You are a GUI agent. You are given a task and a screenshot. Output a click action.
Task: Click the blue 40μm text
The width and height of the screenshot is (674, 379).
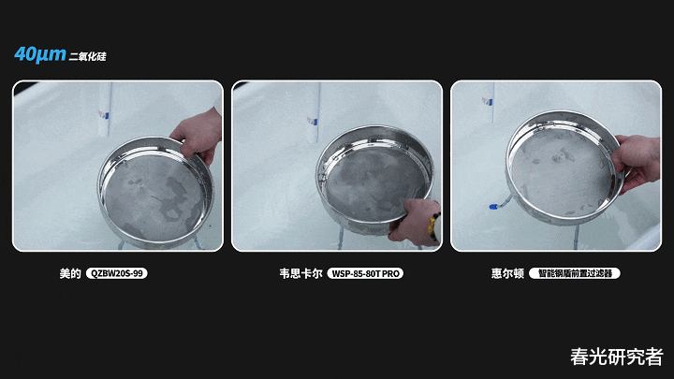point(40,54)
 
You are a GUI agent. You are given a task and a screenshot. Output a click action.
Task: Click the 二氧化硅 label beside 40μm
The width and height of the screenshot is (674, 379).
point(87,56)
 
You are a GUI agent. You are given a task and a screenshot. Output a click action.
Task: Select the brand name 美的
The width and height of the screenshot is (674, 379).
point(70,273)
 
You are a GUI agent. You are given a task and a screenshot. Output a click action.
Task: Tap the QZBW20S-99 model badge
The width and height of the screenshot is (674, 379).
point(117,273)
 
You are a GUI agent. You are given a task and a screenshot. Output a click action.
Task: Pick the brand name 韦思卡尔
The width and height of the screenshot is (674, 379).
point(300,273)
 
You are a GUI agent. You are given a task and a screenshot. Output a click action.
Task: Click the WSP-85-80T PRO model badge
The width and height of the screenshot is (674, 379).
point(365,273)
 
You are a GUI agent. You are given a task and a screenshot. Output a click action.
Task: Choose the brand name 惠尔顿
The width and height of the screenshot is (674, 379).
point(507,273)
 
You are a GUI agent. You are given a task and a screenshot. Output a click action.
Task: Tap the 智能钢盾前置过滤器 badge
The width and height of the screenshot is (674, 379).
point(575,273)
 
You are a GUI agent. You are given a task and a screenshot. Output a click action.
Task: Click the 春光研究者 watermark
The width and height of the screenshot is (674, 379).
point(616,357)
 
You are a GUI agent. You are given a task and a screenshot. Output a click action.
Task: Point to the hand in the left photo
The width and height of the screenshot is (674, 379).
point(198,137)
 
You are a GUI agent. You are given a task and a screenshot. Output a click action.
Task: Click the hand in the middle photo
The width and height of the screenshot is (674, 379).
point(413,222)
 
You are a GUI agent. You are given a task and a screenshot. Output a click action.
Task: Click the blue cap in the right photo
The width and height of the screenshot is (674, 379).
point(494,207)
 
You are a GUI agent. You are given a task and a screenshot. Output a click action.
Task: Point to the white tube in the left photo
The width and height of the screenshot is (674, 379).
point(105,109)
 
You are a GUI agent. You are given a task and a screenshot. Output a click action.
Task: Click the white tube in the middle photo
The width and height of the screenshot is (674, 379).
point(314,112)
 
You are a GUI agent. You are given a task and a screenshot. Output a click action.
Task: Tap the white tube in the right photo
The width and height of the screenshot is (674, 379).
point(489,102)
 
